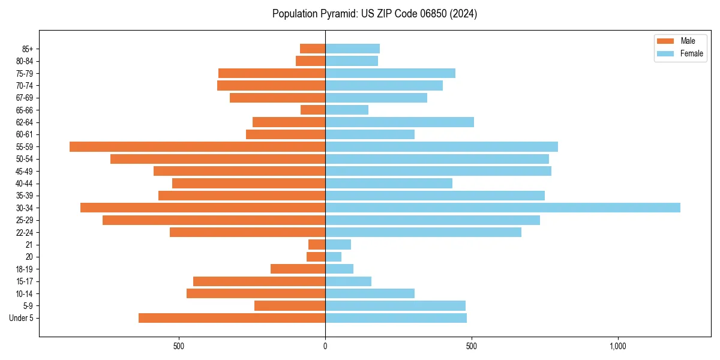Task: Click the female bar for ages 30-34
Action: [x=503, y=208]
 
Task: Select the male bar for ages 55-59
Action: [x=197, y=146]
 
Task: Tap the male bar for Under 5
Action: [x=232, y=318]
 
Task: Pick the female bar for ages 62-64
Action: [x=400, y=122]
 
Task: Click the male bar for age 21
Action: [x=317, y=244]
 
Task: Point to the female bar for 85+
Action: [x=352, y=49]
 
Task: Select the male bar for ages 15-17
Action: [x=259, y=281]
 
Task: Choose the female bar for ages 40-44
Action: [x=389, y=183]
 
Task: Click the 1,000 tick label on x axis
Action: [x=618, y=346]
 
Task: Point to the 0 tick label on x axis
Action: [x=325, y=346]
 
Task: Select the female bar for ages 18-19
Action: [x=339, y=269]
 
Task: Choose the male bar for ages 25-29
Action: [x=214, y=220]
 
